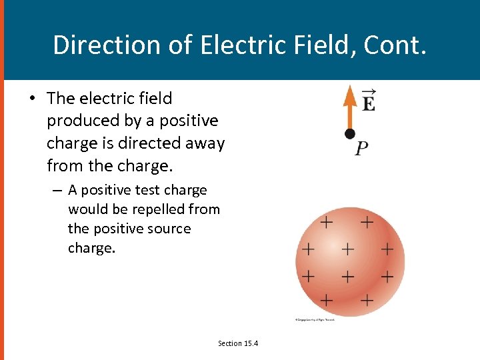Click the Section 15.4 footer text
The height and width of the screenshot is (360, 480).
[238, 343]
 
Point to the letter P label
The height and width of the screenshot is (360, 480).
[361, 149]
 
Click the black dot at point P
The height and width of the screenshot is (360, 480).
[349, 134]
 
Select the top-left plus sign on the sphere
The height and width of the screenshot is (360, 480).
[327, 221]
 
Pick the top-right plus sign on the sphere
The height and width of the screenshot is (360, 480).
[367, 221]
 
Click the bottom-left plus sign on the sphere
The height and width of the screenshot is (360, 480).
[327, 300]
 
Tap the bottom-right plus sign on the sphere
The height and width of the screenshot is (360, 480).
[367, 300]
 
